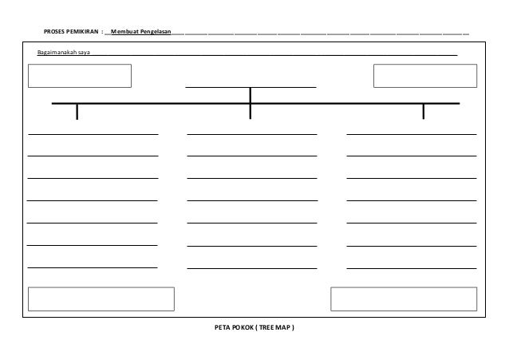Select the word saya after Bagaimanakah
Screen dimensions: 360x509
(x=84, y=53)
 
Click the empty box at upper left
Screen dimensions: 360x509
(x=80, y=75)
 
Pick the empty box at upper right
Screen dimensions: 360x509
(x=425, y=75)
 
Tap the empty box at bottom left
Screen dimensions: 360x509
(x=101, y=298)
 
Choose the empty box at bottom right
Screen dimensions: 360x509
(x=404, y=298)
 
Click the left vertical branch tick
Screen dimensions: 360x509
(x=77, y=112)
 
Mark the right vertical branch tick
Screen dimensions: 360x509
(x=424, y=112)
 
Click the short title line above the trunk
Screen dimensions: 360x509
(x=251, y=86)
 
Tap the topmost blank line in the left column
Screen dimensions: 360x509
(x=93, y=134)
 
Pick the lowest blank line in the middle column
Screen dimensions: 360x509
(x=251, y=267)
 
